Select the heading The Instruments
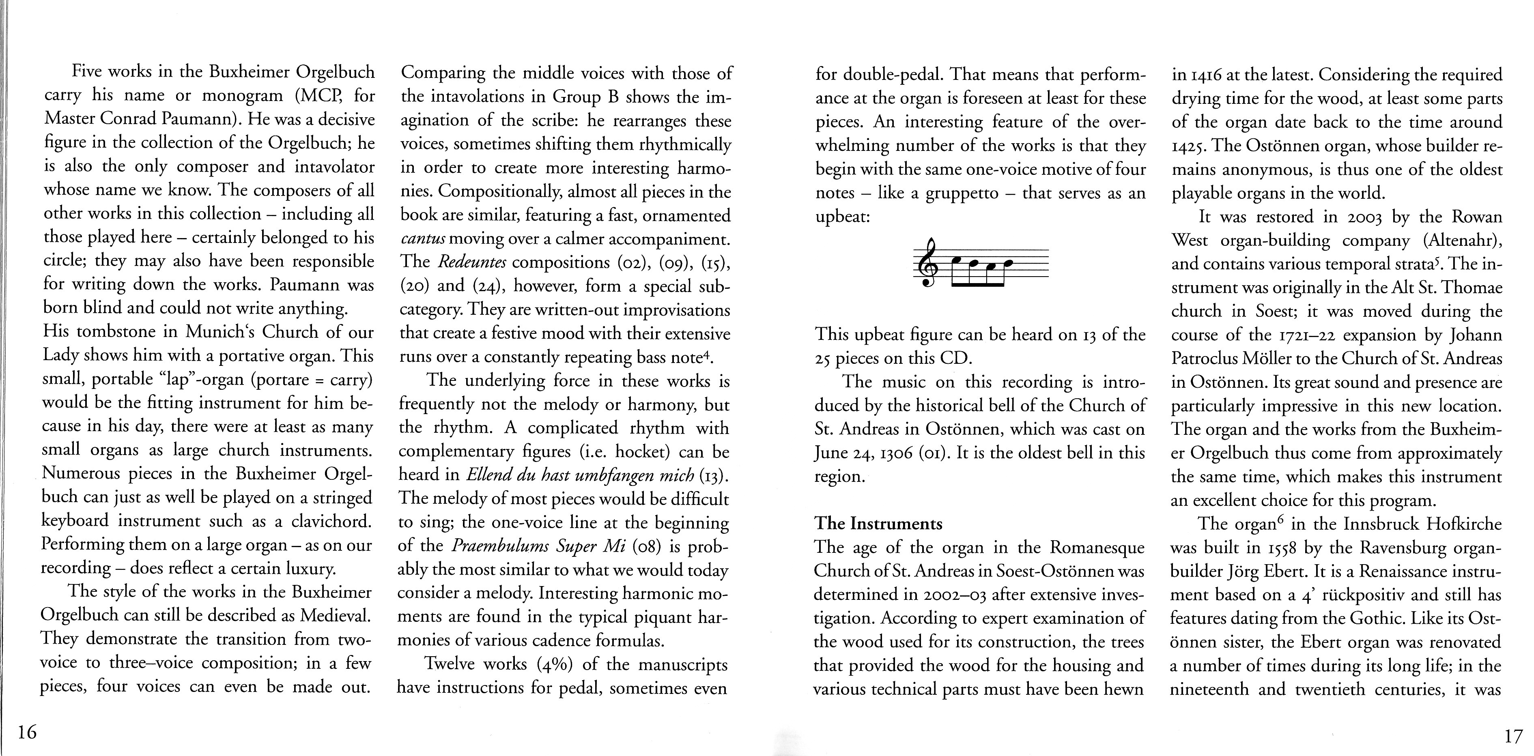(x=878, y=524)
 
